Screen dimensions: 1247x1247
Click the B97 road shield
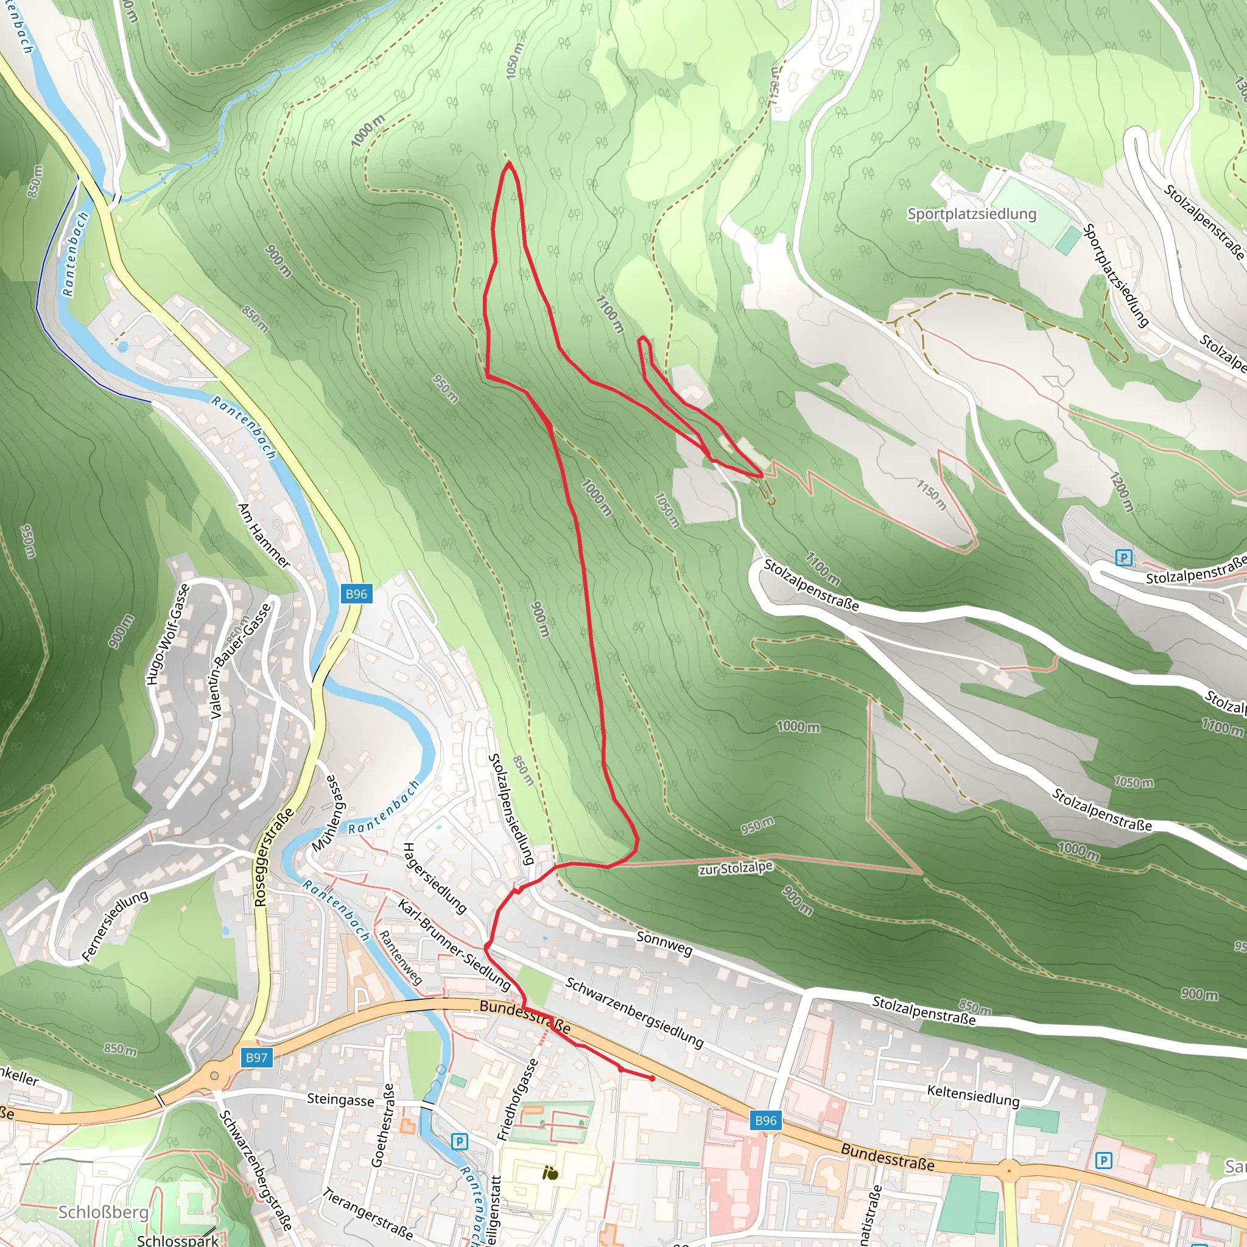256,1057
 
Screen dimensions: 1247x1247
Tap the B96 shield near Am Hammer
356,594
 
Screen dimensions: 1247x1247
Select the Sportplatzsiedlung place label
971,214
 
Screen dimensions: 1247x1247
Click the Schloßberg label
104,1212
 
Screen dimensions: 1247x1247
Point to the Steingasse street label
340,1099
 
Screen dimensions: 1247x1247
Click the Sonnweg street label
664,943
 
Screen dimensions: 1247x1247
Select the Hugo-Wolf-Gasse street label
167,634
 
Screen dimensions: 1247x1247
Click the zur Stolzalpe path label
735,868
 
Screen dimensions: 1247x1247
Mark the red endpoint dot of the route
653,1078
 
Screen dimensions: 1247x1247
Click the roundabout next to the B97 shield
214,1076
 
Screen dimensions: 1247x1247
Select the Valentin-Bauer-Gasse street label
240,662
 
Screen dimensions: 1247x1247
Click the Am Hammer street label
264,535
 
